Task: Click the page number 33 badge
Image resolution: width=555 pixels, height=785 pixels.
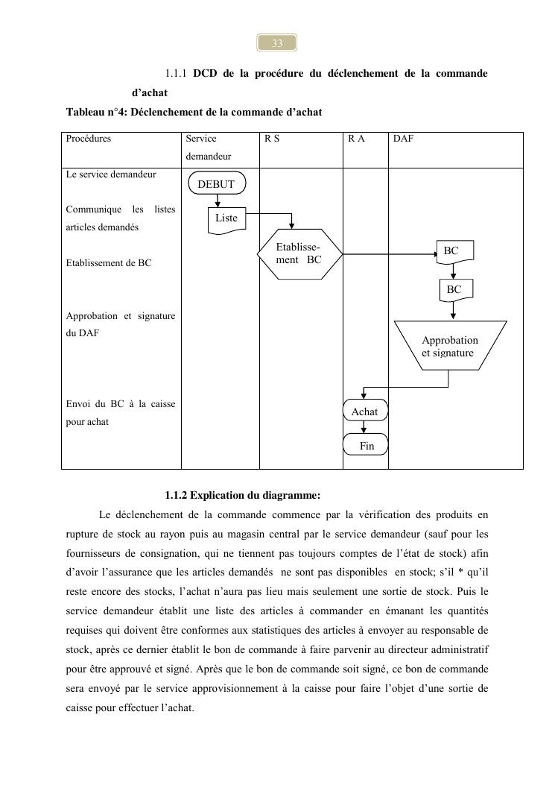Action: pos(277,43)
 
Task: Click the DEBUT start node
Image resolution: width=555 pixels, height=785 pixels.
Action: pos(216,184)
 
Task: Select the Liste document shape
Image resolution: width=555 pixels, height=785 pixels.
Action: pos(226,218)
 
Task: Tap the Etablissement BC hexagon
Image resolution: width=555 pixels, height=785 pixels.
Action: pos(299,253)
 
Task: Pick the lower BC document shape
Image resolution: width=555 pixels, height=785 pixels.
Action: pos(454,289)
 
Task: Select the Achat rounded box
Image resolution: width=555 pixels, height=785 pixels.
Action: pos(365,412)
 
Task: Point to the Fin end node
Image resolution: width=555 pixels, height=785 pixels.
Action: pos(366,446)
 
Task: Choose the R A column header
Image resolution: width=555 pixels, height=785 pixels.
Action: pos(356,139)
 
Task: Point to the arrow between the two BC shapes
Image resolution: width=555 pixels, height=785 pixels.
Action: pos(453,271)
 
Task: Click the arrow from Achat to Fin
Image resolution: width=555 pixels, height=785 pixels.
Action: pos(364,427)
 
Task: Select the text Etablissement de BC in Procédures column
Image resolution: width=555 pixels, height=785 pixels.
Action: pos(109,263)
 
